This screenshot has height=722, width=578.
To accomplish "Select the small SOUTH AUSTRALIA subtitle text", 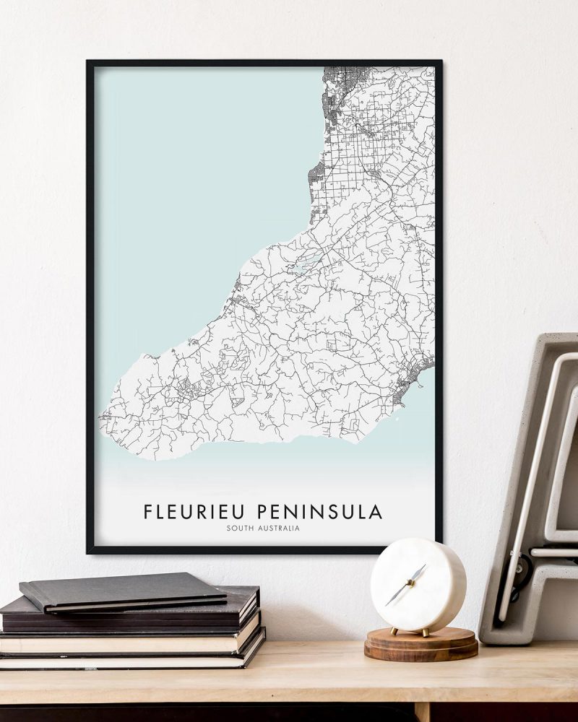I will pyautogui.click(x=263, y=529).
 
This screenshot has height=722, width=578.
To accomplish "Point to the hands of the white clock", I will pyautogui.click(x=407, y=583).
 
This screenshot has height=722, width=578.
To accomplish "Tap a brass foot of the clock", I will pyautogui.click(x=394, y=631).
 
